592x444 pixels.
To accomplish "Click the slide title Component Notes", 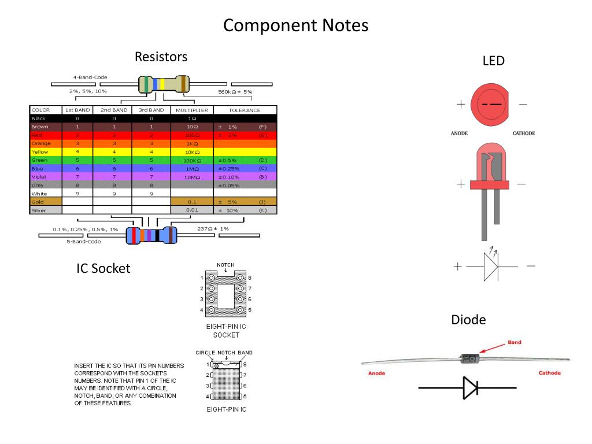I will [295, 26].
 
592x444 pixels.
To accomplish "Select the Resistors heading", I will [161, 57].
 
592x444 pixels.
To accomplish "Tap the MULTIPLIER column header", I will [192, 110].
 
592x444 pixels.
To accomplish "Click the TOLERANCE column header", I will [245, 110].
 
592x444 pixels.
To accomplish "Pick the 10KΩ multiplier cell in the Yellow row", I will [192, 151].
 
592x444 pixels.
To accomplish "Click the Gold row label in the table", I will [38, 202].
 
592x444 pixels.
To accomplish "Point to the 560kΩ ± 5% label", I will [235, 91].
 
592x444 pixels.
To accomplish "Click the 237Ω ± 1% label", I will [213, 229].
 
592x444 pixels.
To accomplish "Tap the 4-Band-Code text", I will [90, 77].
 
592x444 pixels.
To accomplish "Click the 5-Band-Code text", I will [84, 242].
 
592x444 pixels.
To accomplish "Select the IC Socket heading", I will [103, 268].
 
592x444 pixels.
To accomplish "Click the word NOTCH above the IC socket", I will [225, 265].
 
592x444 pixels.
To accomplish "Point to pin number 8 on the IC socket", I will [249, 278].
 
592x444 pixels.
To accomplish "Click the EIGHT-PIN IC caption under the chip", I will [226, 409].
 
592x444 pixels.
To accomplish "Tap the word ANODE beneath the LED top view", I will [459, 134].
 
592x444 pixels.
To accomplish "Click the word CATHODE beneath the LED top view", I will [524, 134].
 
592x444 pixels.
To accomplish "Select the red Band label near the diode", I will [514, 342].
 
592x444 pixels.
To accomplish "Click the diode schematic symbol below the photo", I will [469, 388].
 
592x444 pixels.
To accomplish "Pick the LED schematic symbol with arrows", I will [491, 266].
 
